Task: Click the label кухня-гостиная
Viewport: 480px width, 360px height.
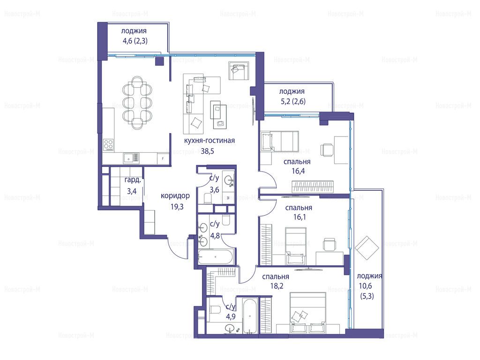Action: pyautogui.click(x=210, y=141)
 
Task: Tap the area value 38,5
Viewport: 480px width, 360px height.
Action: pyautogui.click(x=207, y=151)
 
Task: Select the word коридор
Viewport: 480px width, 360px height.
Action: pyautogui.click(x=175, y=196)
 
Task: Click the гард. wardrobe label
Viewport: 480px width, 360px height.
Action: pyautogui.click(x=133, y=180)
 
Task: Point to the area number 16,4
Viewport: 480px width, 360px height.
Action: pyautogui.click(x=298, y=171)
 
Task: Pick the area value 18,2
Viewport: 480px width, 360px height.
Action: pyautogui.click(x=277, y=286)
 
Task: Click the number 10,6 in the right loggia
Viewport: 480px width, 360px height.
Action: pyautogui.click(x=365, y=286)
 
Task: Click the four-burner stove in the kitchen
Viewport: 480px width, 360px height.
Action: pyautogui.click(x=108, y=145)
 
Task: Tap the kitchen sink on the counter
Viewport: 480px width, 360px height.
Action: pyautogui.click(x=131, y=158)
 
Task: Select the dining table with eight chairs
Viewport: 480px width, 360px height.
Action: pyautogui.click(x=137, y=103)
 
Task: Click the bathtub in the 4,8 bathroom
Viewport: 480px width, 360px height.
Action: pyautogui.click(x=216, y=257)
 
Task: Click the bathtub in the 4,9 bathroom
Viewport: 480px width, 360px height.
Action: pyautogui.click(x=250, y=316)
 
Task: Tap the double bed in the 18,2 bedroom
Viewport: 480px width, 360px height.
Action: pyautogui.click(x=307, y=313)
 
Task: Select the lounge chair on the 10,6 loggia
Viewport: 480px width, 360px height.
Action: pyautogui.click(x=367, y=247)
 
